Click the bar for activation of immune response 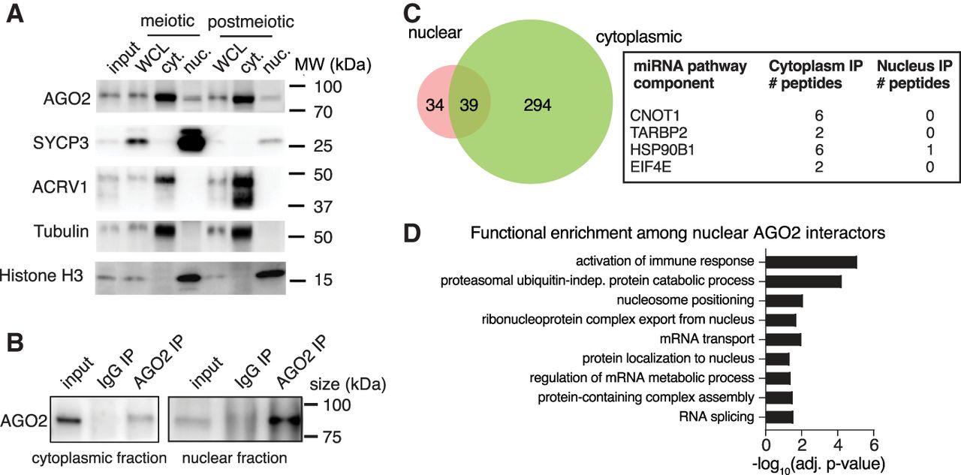tap(812, 262)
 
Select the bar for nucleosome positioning tap(785, 301)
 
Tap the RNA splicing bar tap(779, 417)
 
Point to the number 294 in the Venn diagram tap(537, 105)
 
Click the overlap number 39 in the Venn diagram tap(468, 105)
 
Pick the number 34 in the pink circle tap(435, 105)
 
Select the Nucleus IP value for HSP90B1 tap(929, 150)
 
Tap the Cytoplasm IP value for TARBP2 tap(819, 133)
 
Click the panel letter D tap(412, 233)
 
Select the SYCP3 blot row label tap(61, 143)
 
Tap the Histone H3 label tap(41, 275)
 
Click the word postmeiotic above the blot tap(251, 22)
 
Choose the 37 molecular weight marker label tap(323, 206)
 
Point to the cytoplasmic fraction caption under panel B tap(99, 458)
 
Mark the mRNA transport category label tap(707, 338)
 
